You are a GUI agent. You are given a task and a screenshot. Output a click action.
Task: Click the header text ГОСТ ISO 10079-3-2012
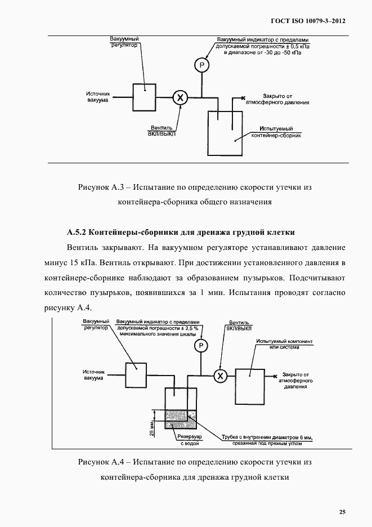(307, 21)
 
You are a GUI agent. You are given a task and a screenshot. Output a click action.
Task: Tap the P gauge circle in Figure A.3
(201, 66)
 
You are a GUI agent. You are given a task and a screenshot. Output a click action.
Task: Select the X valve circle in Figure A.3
(180, 98)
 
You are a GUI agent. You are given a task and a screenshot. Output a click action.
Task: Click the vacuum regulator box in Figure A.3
(144, 97)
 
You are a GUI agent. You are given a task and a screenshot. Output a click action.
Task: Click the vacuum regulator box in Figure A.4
(136, 373)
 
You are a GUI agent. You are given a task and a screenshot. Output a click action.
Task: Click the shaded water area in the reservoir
(180, 419)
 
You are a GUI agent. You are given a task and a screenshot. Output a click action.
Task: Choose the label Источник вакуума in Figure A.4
(93, 375)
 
